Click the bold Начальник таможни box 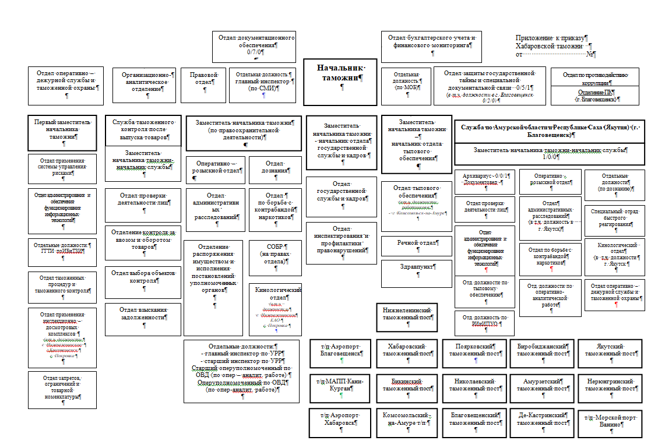pos(340,81)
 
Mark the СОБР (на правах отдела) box pos(275,257)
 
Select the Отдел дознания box pos(275,169)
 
